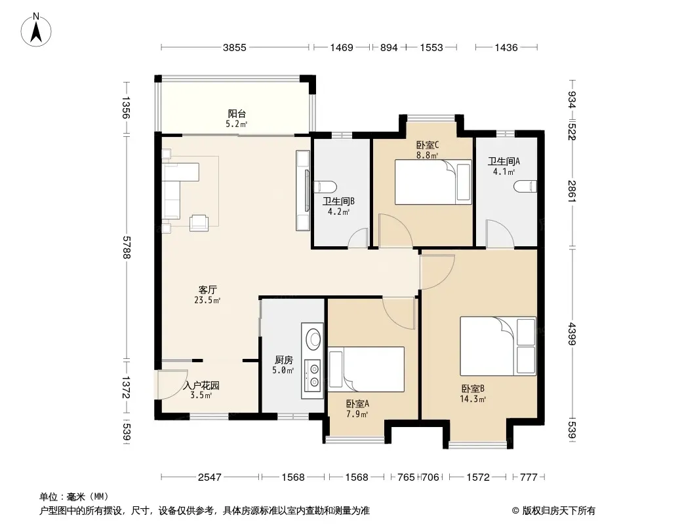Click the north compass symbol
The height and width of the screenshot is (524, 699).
(x=36, y=30)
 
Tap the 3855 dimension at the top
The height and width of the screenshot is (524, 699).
(x=235, y=48)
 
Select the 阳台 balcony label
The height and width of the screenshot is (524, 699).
(x=237, y=114)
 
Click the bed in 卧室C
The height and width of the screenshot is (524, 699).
(x=433, y=182)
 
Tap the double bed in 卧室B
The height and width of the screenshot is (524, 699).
(x=498, y=346)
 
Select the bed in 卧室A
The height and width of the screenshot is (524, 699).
(x=367, y=369)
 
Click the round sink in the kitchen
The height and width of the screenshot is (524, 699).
(x=313, y=339)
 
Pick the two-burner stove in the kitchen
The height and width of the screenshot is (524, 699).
(x=313, y=375)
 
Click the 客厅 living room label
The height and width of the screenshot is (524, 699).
(x=207, y=290)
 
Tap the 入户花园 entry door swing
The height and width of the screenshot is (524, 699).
(x=172, y=384)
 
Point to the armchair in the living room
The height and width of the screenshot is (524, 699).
(x=199, y=223)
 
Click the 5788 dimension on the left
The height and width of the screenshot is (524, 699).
(x=126, y=247)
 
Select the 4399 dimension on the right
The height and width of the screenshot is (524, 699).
(x=572, y=334)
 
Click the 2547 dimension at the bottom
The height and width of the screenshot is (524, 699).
(x=210, y=477)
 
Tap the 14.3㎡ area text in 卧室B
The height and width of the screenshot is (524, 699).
(x=473, y=400)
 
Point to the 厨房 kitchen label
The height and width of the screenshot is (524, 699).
(x=283, y=360)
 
